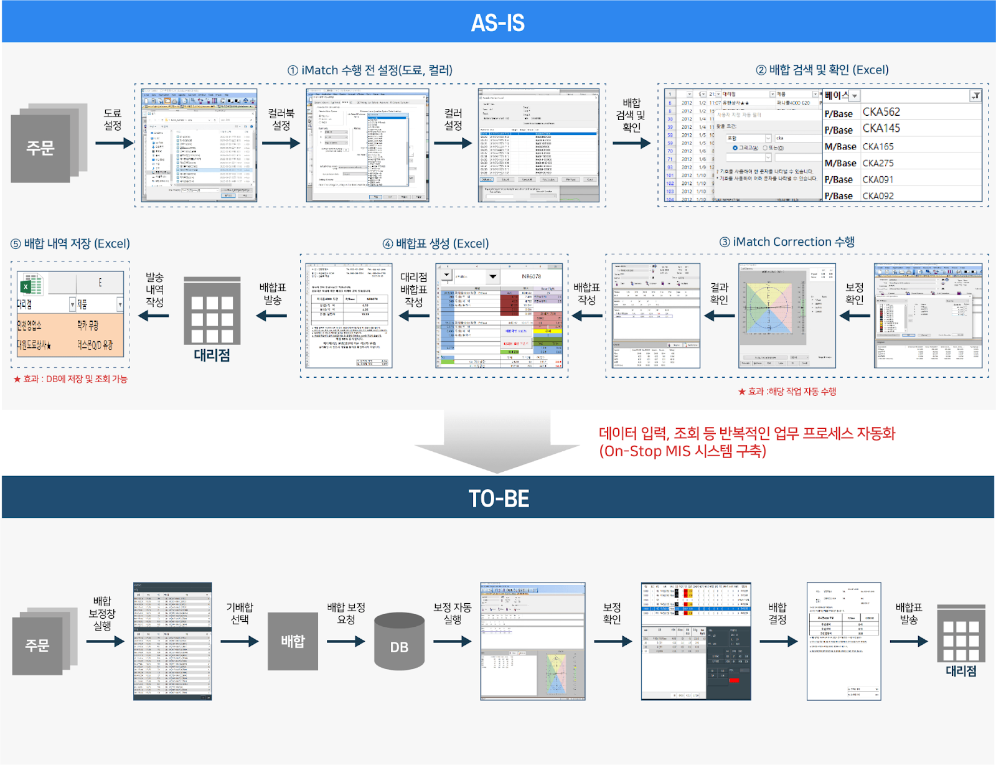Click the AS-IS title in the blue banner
[x=497, y=23]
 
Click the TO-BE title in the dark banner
[x=499, y=499]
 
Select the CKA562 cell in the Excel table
[x=881, y=112]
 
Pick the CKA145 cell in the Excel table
[x=881, y=128]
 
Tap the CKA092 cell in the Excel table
[x=878, y=196]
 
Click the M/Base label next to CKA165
[x=840, y=147]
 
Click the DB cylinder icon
[x=399, y=642]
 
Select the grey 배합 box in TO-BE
[x=293, y=641]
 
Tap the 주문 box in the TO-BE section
[x=37, y=645]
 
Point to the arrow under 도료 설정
[x=114, y=143]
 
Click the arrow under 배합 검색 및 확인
[x=631, y=143]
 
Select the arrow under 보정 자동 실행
[x=453, y=641]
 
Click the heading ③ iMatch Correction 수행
[x=787, y=242]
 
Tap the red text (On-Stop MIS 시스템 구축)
[x=682, y=451]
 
